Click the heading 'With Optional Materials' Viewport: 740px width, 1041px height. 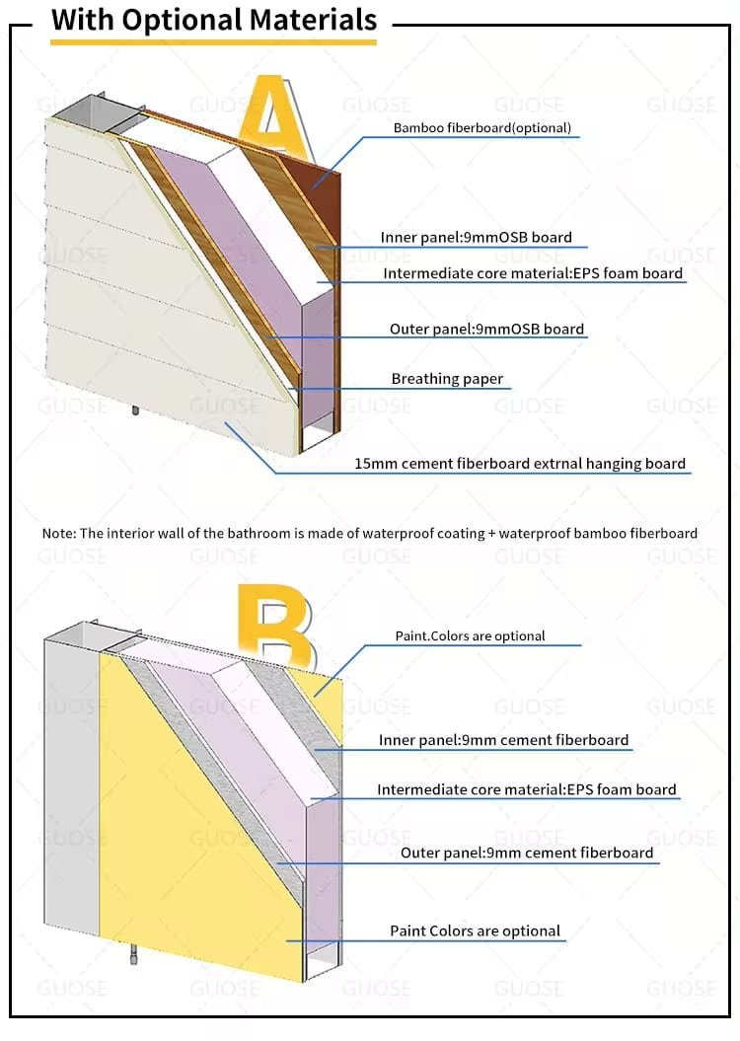[x=214, y=19]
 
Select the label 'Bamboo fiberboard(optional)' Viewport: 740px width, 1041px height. [x=481, y=128]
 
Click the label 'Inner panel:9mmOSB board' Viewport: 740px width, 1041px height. [x=477, y=238]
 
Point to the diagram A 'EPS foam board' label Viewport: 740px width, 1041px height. [x=533, y=273]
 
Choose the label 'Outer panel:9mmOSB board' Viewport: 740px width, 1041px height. [x=486, y=329]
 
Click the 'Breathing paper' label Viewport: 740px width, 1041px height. [x=447, y=379]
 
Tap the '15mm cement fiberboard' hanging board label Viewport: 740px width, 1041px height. [x=520, y=463]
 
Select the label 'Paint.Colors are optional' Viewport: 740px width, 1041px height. [x=470, y=636]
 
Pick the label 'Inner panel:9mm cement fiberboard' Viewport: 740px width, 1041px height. [x=503, y=740]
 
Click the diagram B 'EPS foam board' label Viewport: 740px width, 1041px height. [x=527, y=789]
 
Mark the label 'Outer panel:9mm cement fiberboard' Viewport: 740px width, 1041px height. [x=527, y=853]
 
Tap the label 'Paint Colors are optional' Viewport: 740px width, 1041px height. [x=475, y=930]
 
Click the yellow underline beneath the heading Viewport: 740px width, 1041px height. [x=214, y=41]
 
